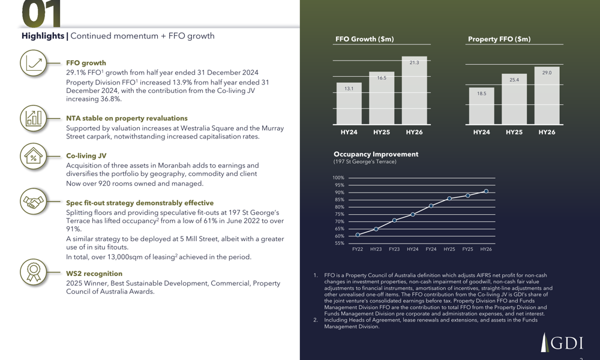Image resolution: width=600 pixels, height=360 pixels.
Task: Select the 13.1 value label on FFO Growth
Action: pos(349,89)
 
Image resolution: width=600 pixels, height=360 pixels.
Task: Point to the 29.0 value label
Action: pos(547,73)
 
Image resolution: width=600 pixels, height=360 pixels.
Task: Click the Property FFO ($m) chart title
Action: pos(499,40)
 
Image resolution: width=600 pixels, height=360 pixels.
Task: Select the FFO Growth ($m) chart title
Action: pos(364,40)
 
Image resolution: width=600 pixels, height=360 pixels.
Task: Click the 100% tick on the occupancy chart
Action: pos(338,178)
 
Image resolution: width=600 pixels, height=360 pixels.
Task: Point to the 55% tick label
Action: pos(339,243)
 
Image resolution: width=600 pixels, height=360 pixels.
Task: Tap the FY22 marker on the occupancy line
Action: pos(358,235)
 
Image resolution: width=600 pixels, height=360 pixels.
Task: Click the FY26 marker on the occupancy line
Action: pos(486,191)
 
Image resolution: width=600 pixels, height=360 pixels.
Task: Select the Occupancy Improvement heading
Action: pos(376,154)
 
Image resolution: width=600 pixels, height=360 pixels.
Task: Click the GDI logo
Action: pos(562,342)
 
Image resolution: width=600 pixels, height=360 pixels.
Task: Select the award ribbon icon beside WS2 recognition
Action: pos(33,271)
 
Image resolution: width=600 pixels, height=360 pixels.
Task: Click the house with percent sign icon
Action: pos(33,157)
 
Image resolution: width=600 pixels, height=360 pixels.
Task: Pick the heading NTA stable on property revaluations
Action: pos(127,119)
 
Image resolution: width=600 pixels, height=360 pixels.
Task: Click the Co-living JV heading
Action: pos(86,156)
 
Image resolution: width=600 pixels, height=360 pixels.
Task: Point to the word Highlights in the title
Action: pos(43,36)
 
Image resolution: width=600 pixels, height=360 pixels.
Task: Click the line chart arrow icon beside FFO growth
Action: pos(33,63)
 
